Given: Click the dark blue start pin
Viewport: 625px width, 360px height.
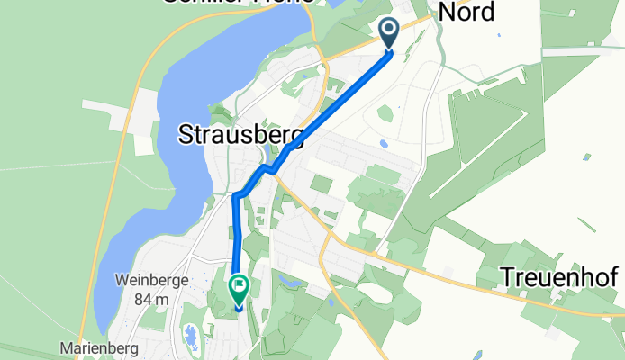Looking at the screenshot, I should coord(390,33).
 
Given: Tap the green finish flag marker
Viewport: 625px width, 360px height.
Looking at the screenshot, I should coord(240,289).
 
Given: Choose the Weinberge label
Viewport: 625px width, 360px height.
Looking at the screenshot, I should coord(151,280).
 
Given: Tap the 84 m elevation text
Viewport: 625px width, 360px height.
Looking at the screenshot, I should coord(150,299).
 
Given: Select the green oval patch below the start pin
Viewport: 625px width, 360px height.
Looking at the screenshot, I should coord(385,112).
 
